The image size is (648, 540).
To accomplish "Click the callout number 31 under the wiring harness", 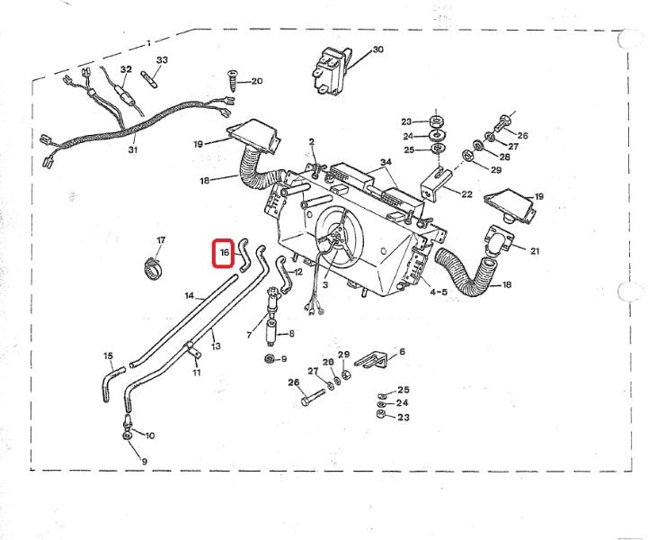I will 133,149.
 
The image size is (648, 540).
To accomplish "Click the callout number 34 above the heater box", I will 386,162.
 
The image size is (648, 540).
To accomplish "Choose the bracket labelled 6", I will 371,360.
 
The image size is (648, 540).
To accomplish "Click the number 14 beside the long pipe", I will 189,295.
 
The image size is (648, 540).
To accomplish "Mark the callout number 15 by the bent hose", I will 109,355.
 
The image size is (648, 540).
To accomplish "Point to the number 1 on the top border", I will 148,41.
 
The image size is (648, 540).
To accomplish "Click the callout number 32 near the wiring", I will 126,69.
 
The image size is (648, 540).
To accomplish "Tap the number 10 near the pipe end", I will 149,435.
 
